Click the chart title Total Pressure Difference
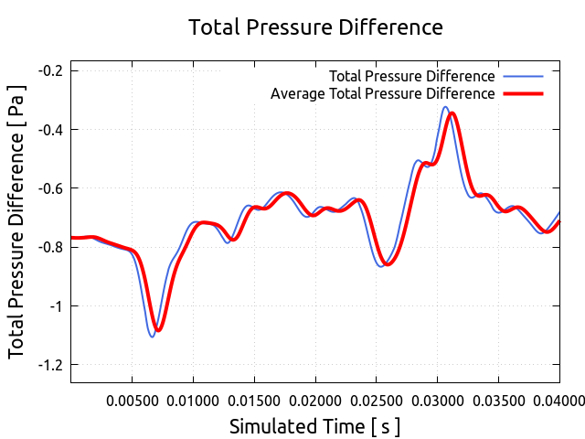tap(315, 27)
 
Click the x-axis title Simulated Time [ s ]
tap(314, 426)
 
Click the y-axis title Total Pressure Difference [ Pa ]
tap(17, 222)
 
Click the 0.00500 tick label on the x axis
tap(133, 399)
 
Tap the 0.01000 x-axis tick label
tap(193, 399)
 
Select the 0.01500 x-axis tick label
tap(254, 399)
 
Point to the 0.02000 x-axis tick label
tap(315, 399)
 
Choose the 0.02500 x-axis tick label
tap(377, 399)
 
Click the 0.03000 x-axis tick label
tap(437, 399)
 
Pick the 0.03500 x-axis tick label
tap(498, 399)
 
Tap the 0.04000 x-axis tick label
tap(558, 399)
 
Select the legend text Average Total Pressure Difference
tap(383, 93)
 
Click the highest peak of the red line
tap(452, 113)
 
